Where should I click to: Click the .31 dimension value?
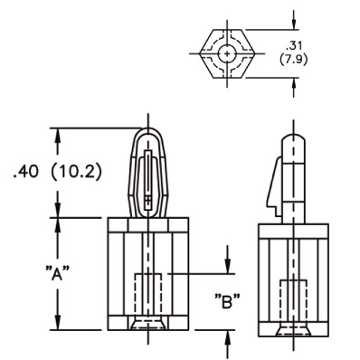pyautogui.click(x=293, y=46)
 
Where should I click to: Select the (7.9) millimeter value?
pyautogui.click(x=293, y=60)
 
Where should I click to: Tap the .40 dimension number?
pyautogui.click(x=26, y=171)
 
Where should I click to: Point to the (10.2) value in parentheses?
pyautogui.click(x=76, y=172)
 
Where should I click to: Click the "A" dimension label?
pyautogui.click(x=57, y=273)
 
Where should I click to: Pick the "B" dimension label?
pyautogui.click(x=228, y=301)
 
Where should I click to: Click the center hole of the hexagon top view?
pyautogui.click(x=227, y=54)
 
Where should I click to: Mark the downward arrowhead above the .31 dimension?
pyautogui.click(x=294, y=24)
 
